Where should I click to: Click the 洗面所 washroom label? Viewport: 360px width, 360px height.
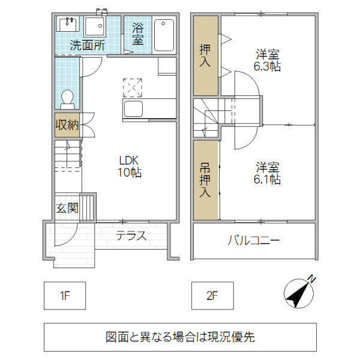(x=87, y=44)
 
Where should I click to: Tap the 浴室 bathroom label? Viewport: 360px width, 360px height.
(x=138, y=34)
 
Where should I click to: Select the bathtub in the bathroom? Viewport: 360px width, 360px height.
(x=164, y=35)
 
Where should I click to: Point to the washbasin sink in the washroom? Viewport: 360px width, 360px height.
(x=68, y=25)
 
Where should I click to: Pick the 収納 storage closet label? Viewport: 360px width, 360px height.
(x=67, y=125)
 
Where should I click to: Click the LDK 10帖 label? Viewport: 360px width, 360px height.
(x=129, y=166)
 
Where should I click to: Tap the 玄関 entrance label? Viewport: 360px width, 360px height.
(x=67, y=209)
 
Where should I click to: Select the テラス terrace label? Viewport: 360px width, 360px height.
(x=131, y=235)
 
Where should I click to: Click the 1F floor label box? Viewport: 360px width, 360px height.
(x=65, y=295)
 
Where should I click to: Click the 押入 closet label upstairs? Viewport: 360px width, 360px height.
(x=205, y=55)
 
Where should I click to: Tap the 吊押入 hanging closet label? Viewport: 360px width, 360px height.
(x=205, y=180)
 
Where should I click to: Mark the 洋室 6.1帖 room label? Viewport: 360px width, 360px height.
(x=268, y=172)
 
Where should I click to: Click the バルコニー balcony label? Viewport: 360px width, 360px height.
(x=253, y=241)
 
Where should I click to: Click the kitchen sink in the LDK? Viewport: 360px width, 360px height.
(x=133, y=110)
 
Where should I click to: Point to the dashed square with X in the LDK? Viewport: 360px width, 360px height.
(x=133, y=88)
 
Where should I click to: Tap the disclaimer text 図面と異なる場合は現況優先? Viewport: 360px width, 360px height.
(x=180, y=337)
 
